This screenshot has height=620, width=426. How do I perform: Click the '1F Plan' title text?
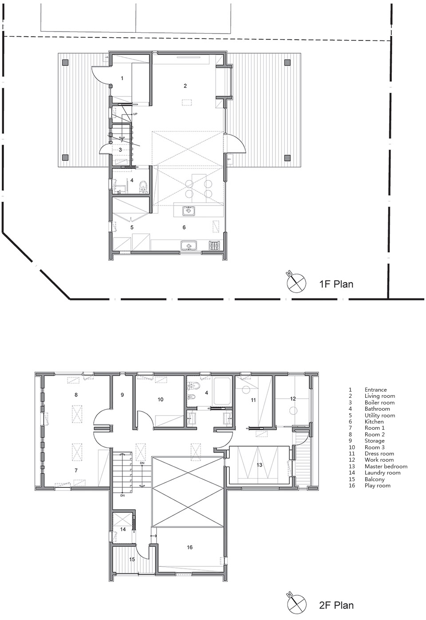coord(336,284)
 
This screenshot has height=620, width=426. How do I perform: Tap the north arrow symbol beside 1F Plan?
coord(296,282)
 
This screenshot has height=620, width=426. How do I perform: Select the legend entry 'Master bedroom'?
coord(386,467)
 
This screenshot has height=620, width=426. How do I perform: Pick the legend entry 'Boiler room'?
coord(379,403)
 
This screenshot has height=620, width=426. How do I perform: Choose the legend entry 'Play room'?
coord(378,486)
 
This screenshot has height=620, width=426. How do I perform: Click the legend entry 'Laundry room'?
coord(383,473)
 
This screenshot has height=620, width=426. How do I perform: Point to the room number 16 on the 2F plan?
coord(189,547)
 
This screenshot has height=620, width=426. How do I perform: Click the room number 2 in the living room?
coord(185,86)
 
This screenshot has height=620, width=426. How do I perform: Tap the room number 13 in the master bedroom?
coord(259,465)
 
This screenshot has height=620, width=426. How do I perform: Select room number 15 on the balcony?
coord(132,559)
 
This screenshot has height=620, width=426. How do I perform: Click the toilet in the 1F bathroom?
coord(143,186)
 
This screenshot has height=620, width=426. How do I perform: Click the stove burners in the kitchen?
coord(214,245)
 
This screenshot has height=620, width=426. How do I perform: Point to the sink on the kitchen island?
coord(188,211)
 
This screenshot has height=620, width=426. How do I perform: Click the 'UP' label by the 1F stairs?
coord(135,114)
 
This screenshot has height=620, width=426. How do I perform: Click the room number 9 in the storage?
coord(122,395)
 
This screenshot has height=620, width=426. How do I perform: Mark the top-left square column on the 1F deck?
coord(65,63)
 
